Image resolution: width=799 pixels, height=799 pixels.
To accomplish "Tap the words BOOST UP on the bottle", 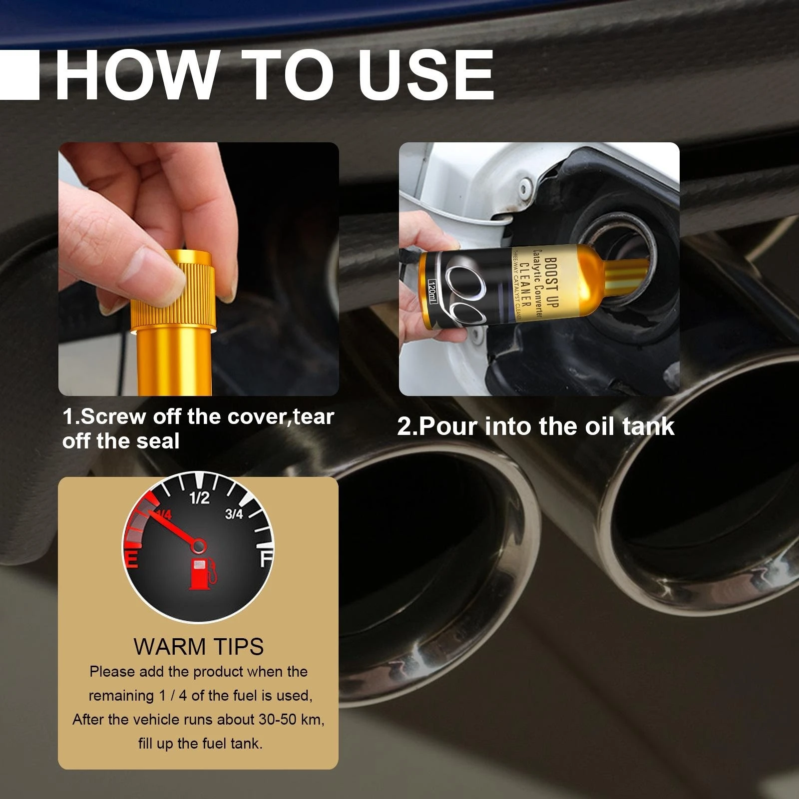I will (551, 283).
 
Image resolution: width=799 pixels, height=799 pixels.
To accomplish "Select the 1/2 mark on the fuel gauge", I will (200, 498).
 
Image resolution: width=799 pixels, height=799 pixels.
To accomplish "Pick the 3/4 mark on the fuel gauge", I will (234, 513).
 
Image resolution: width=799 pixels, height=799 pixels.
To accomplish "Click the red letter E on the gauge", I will (131, 559).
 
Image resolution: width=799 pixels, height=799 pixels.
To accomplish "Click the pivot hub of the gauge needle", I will (198, 545).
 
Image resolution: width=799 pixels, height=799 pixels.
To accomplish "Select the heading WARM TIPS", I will (198, 647).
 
